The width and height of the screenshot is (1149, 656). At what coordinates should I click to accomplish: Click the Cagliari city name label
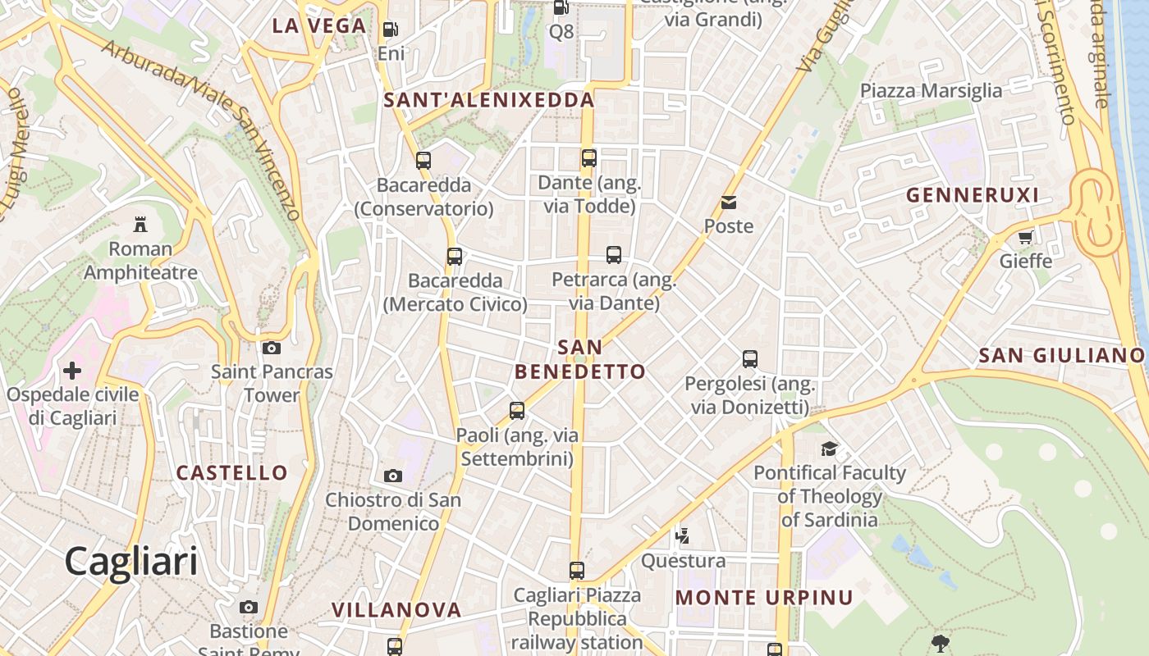coord(131,562)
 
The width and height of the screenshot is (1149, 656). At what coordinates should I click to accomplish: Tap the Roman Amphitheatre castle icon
coord(140,224)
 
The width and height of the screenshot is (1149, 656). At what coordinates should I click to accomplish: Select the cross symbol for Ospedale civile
coord(72,371)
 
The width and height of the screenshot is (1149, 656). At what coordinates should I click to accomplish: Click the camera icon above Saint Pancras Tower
coord(272,348)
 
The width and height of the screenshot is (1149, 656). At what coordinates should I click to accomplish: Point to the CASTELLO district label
coord(232,472)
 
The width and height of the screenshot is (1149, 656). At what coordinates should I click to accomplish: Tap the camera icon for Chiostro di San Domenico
coord(393,476)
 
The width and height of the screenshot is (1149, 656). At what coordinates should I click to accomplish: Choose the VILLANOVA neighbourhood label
coord(396,609)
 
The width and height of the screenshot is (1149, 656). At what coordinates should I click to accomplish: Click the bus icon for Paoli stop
coord(517,411)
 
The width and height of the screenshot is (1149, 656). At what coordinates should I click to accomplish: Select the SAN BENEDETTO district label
coord(580,359)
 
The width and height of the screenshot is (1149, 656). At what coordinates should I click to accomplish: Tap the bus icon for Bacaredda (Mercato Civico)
coord(455,257)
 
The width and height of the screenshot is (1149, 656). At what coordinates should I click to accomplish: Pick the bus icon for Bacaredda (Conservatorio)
coord(423,161)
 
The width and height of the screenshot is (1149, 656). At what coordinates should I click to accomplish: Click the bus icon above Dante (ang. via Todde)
coord(589,158)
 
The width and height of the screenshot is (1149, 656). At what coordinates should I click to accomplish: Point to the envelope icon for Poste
coord(729,203)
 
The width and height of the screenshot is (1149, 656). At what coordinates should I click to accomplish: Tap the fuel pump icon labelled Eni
coord(391,30)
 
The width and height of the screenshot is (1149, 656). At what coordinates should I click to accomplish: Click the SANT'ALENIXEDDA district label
coord(489,100)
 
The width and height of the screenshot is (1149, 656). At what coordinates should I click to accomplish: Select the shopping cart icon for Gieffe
coord(1025,238)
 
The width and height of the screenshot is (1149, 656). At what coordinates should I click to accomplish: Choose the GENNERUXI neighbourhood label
coord(973,195)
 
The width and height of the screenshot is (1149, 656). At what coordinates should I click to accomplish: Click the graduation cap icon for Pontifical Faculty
coord(830,449)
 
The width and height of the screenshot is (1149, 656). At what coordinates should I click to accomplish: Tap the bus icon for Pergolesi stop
coord(750,359)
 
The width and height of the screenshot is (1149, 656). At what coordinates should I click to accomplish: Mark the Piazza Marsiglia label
coord(931,90)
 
